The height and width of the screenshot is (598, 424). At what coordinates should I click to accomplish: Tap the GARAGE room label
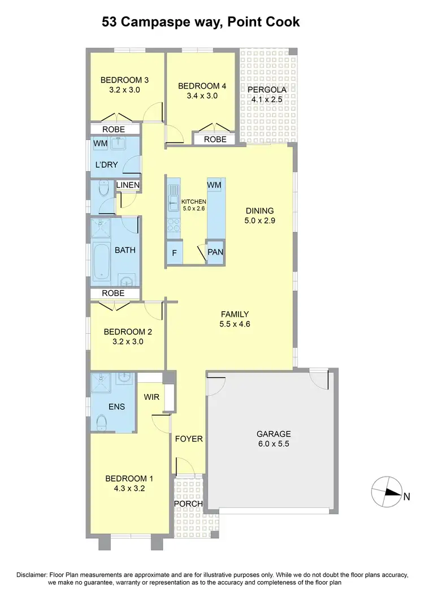pos(274,434)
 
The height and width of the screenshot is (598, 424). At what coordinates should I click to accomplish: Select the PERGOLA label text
pos(265,89)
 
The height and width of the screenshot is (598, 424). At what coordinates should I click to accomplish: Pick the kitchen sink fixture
pos(173,195)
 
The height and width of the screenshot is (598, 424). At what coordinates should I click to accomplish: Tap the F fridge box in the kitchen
pos(175,252)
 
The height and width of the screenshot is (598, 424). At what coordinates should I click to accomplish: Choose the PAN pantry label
pos(215,252)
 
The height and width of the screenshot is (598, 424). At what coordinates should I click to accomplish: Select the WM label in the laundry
pos(100,143)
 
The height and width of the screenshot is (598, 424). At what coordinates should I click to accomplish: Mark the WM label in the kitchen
pos(214,185)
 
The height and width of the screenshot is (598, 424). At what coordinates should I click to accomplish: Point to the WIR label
pos(152,398)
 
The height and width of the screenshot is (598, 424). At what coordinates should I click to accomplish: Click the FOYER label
pos(188,439)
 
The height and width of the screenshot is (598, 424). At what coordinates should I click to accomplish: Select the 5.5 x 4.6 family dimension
pos(235,324)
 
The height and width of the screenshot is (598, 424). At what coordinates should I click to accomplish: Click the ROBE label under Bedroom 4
pos(215,139)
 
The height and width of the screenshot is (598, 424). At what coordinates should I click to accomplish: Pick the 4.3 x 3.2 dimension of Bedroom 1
pos(129,489)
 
